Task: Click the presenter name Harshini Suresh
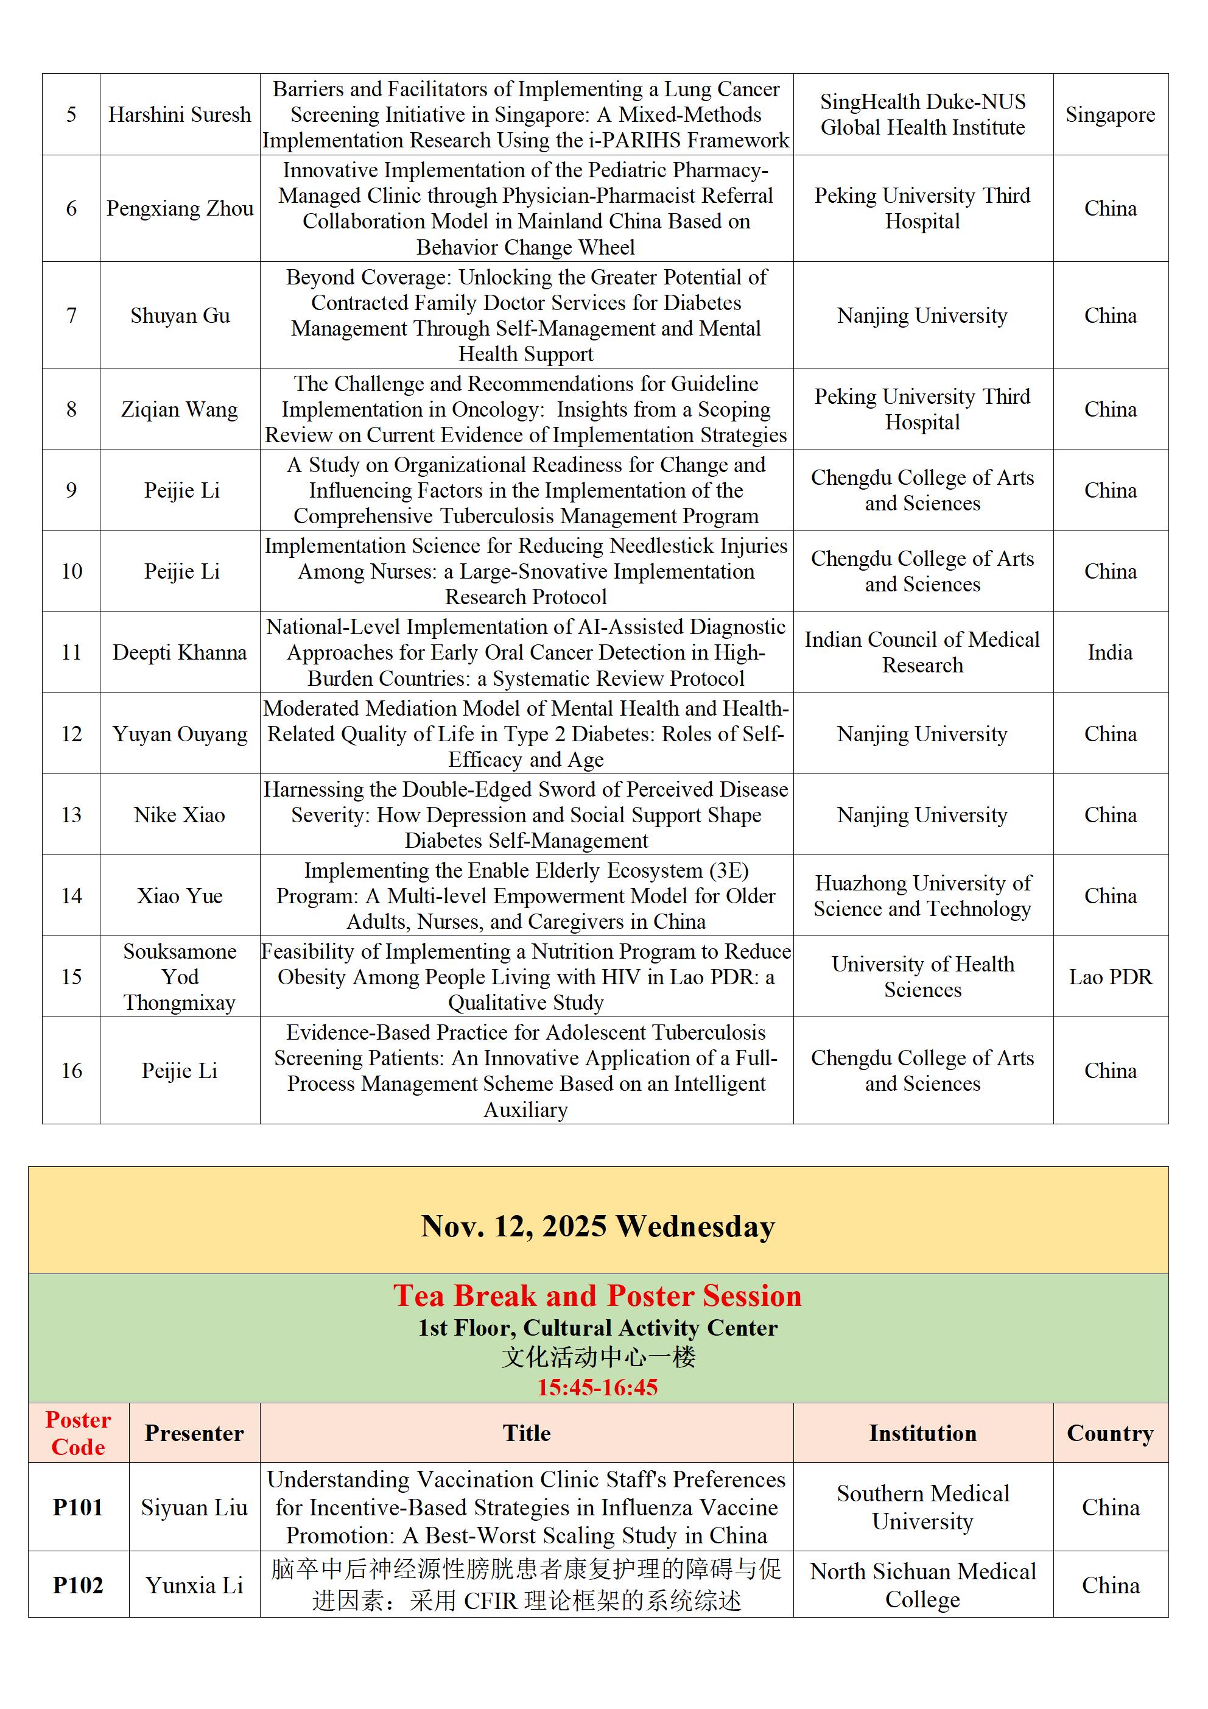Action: [x=180, y=115]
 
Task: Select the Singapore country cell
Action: [x=1110, y=115]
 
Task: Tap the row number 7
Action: [x=71, y=315]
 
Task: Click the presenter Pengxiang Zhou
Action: [x=180, y=208]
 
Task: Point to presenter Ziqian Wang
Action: [x=180, y=409]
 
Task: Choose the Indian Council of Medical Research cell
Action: [x=922, y=652]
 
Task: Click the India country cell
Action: [x=1110, y=653]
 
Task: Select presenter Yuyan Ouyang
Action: [x=180, y=734]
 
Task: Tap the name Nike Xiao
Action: [x=180, y=815]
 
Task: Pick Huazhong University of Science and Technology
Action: [x=922, y=895]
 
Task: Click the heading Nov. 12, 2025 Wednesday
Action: [x=598, y=1227]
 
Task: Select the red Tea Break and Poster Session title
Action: [x=598, y=1296]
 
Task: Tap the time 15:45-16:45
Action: [x=598, y=1387]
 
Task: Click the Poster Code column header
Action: [x=78, y=1433]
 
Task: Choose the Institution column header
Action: [x=922, y=1434]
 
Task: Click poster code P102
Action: [x=78, y=1585]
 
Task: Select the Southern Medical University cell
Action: [x=922, y=1507]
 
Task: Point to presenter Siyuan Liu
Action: [x=194, y=1507]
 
